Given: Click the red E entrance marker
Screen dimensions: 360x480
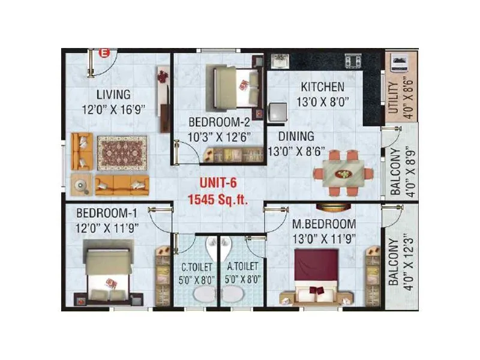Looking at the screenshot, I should (103, 53).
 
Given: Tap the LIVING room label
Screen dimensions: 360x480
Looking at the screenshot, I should (113, 94).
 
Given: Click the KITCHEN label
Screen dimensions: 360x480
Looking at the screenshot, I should (323, 87).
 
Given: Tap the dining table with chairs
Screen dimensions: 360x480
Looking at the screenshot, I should (344, 174).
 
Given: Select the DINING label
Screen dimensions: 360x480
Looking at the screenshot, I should (291, 137).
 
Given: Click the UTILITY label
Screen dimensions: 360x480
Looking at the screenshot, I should (393, 98).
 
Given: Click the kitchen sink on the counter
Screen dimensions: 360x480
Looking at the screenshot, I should (280, 61).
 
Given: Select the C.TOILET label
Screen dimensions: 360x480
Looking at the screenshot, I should (195, 265).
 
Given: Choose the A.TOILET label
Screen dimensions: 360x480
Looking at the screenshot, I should (243, 265).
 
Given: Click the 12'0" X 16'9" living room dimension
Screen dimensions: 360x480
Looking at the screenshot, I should (114, 109).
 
